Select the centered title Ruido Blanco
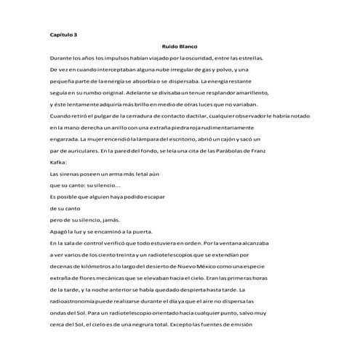(180, 46)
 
